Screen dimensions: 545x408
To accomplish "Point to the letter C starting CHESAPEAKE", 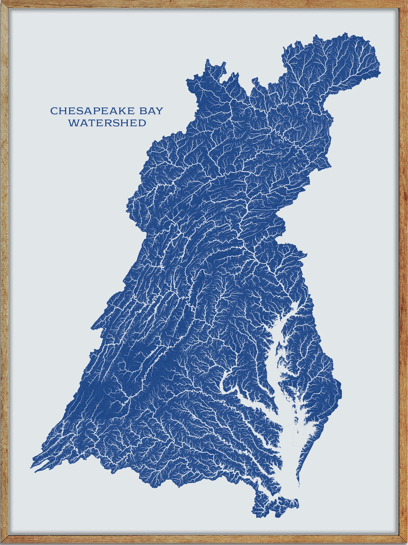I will (53, 111).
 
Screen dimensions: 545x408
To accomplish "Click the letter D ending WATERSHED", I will (142, 123).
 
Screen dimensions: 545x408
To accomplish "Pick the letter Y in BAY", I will (160, 111).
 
